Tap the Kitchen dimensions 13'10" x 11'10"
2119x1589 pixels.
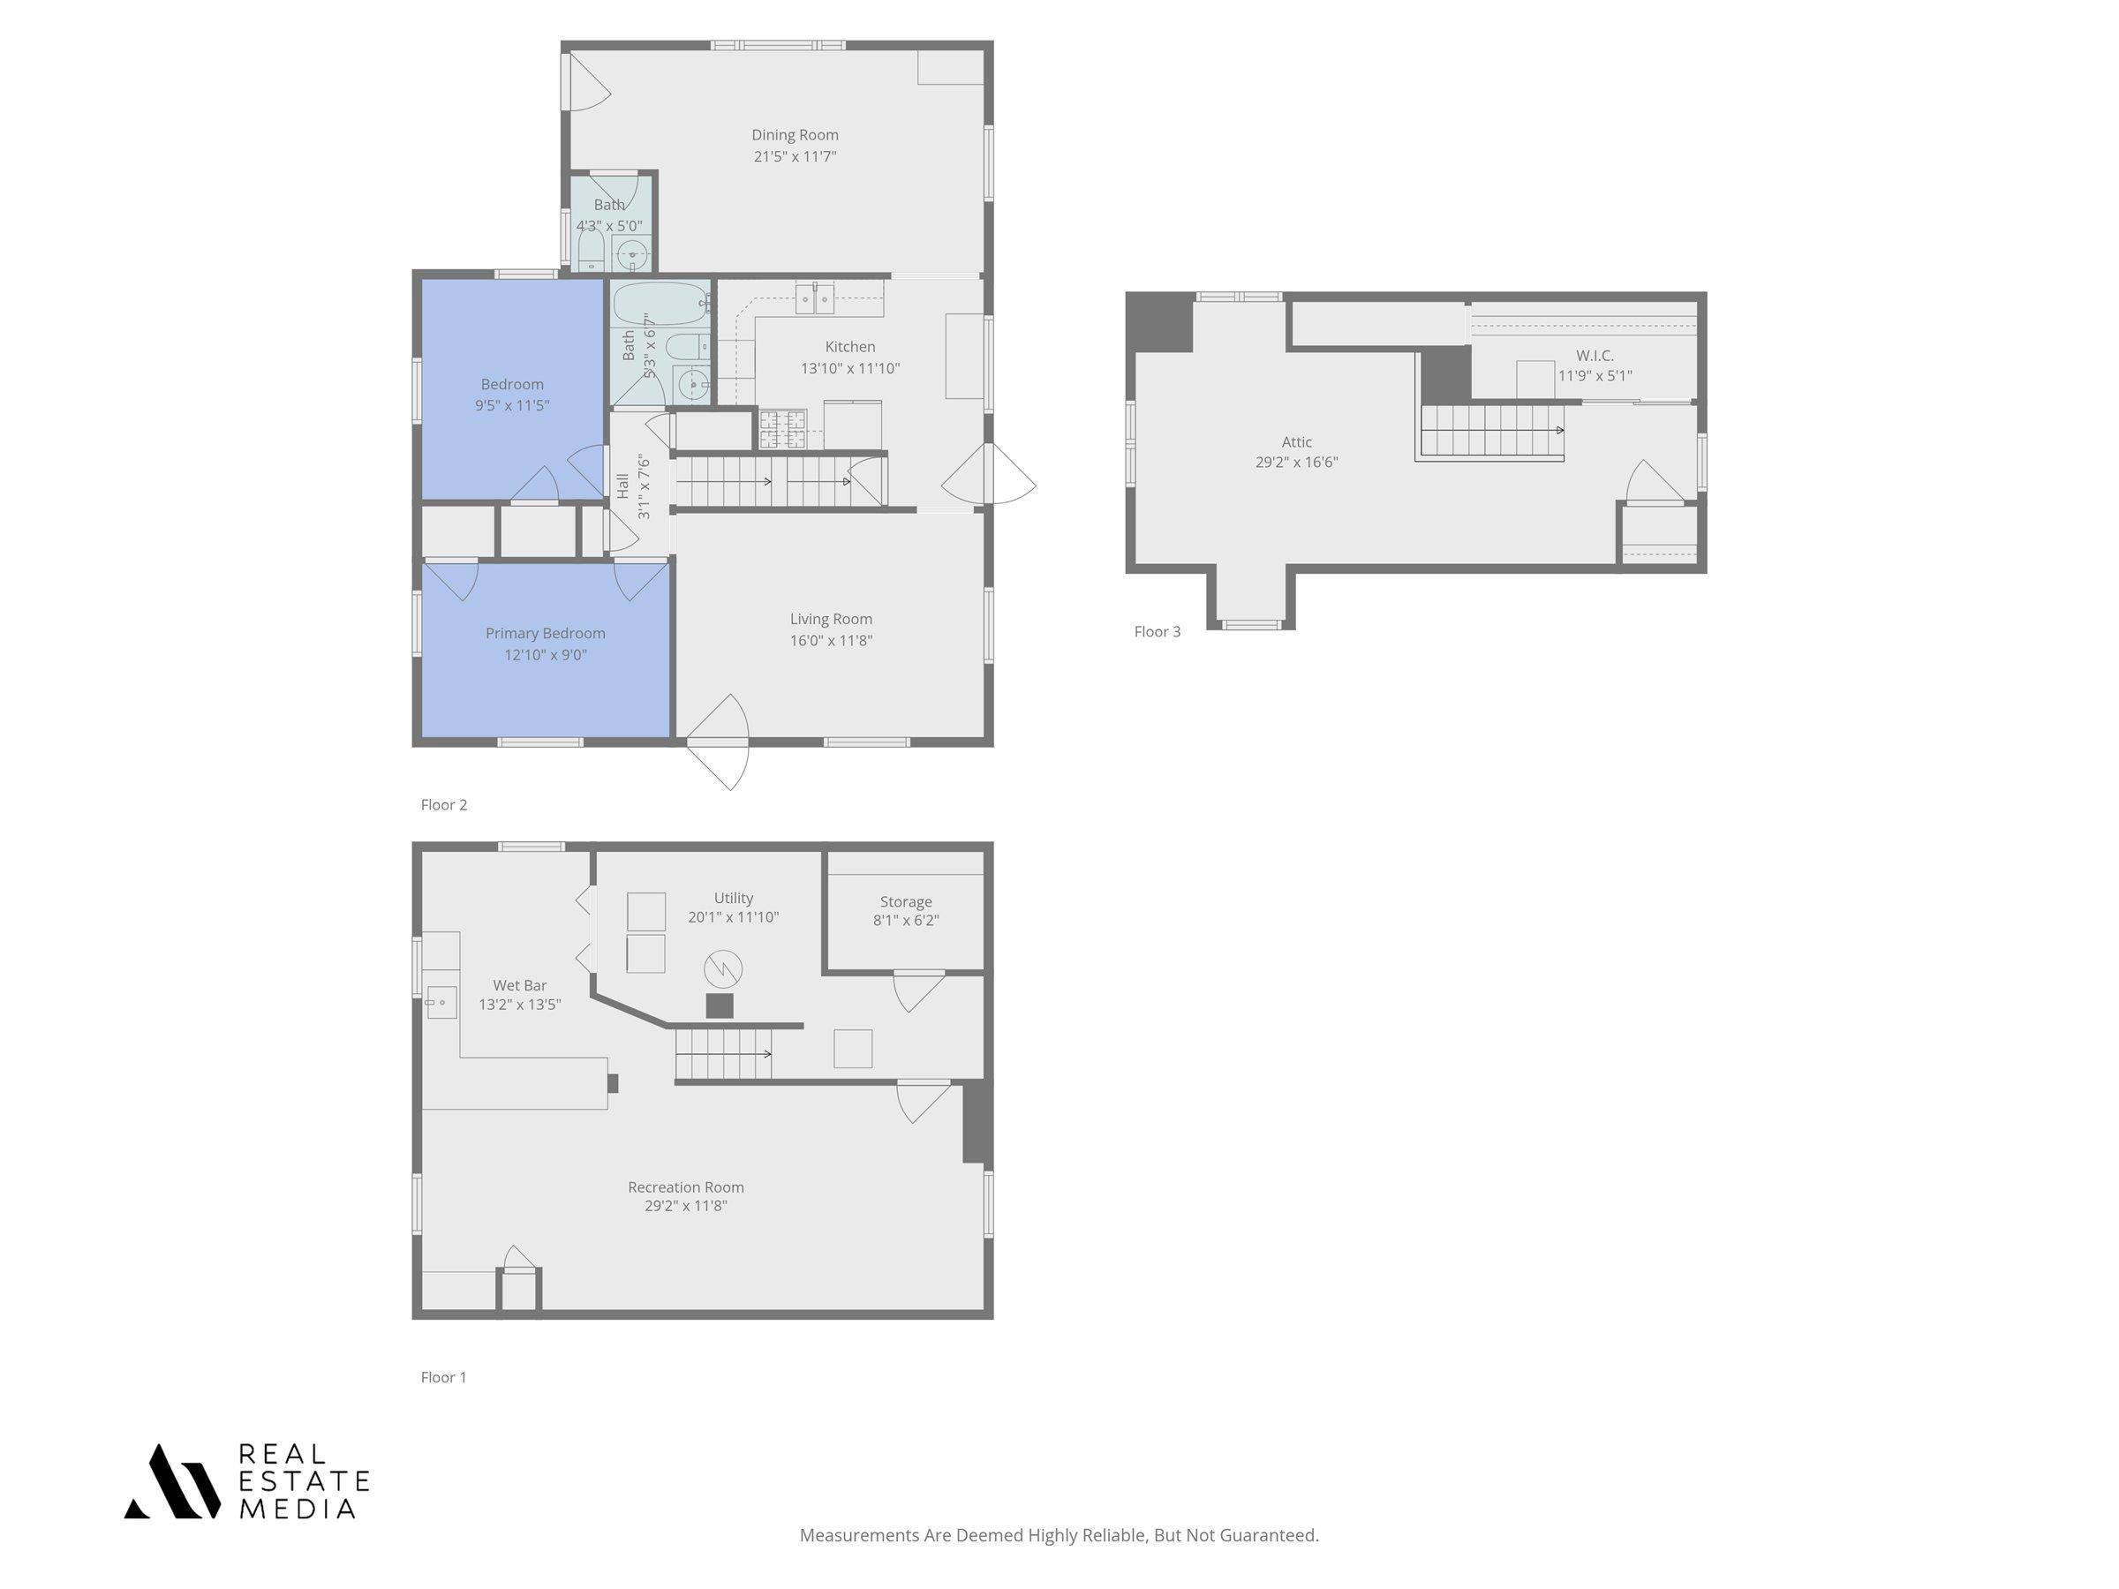849,368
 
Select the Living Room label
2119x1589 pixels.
831,620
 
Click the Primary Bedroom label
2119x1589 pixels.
545,633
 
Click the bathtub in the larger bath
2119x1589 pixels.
659,304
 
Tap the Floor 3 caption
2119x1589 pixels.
1158,631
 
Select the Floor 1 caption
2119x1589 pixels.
443,1376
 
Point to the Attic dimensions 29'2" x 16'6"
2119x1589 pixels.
1296,462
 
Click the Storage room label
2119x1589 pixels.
905,902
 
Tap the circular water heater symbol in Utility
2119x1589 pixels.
723,969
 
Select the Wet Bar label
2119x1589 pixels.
519,984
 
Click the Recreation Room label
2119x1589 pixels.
686,1186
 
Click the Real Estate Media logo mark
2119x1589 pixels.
172,1480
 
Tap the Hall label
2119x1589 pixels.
622,486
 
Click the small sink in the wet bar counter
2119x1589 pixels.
441,1002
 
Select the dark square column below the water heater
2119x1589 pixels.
720,1005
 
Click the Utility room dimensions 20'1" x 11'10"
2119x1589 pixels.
733,917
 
